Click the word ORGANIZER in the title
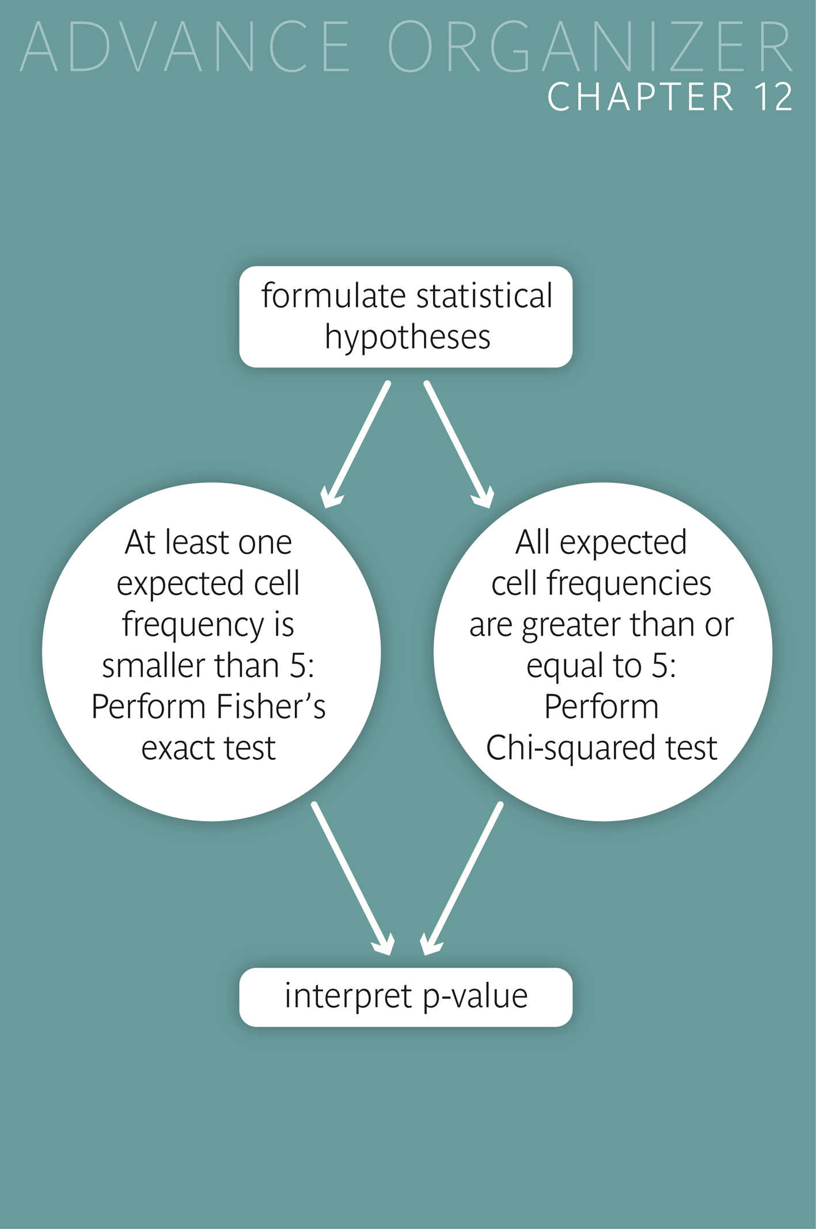[x=590, y=47]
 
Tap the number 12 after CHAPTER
[x=775, y=97]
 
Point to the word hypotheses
[x=407, y=337]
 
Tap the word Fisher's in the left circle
[x=271, y=707]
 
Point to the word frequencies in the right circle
[x=629, y=583]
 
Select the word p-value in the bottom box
[x=475, y=997]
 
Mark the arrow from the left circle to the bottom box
[x=352, y=879]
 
